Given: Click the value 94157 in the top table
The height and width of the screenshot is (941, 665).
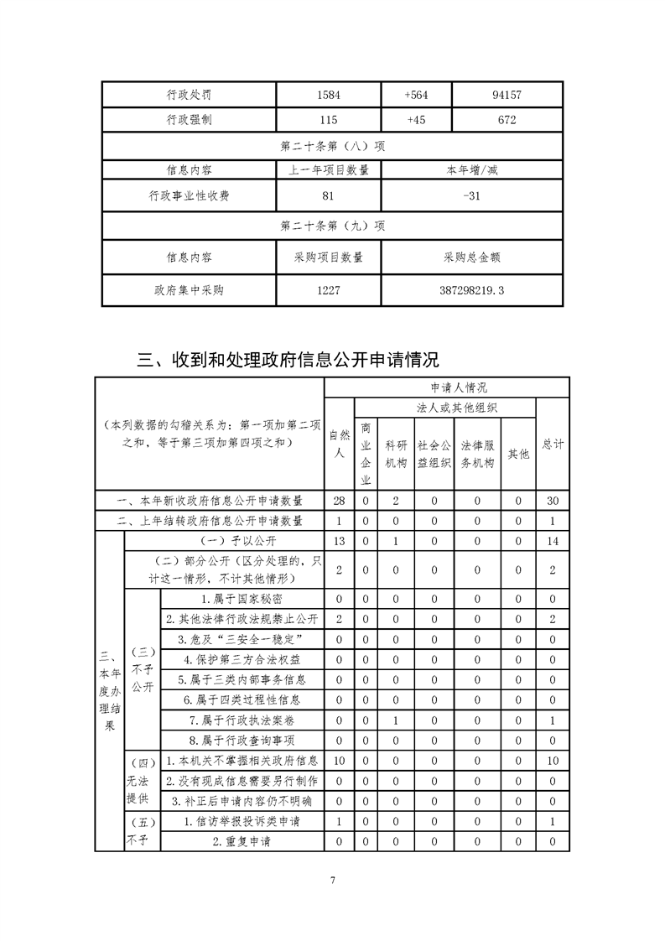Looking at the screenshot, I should [x=507, y=95].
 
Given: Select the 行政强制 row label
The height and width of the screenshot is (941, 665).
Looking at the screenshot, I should [x=189, y=120].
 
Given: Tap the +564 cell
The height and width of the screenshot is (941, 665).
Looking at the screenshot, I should [x=416, y=95].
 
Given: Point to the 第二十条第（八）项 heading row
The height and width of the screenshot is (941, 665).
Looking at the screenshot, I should [x=332, y=145].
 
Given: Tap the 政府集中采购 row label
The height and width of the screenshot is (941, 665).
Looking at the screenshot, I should [x=189, y=291].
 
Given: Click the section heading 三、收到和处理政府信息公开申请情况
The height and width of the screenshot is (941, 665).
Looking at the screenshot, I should [x=288, y=361].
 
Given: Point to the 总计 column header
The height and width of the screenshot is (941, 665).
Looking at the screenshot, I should [x=553, y=445].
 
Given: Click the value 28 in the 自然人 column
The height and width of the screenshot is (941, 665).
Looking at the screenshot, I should [x=339, y=501].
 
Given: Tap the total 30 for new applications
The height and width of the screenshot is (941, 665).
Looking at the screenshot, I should [x=553, y=501].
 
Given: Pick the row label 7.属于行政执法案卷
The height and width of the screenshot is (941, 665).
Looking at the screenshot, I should [x=242, y=720].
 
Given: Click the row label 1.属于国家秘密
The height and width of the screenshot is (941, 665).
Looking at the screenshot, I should [x=242, y=600].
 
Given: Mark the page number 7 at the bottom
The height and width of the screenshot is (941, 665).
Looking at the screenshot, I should [x=333, y=881].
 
